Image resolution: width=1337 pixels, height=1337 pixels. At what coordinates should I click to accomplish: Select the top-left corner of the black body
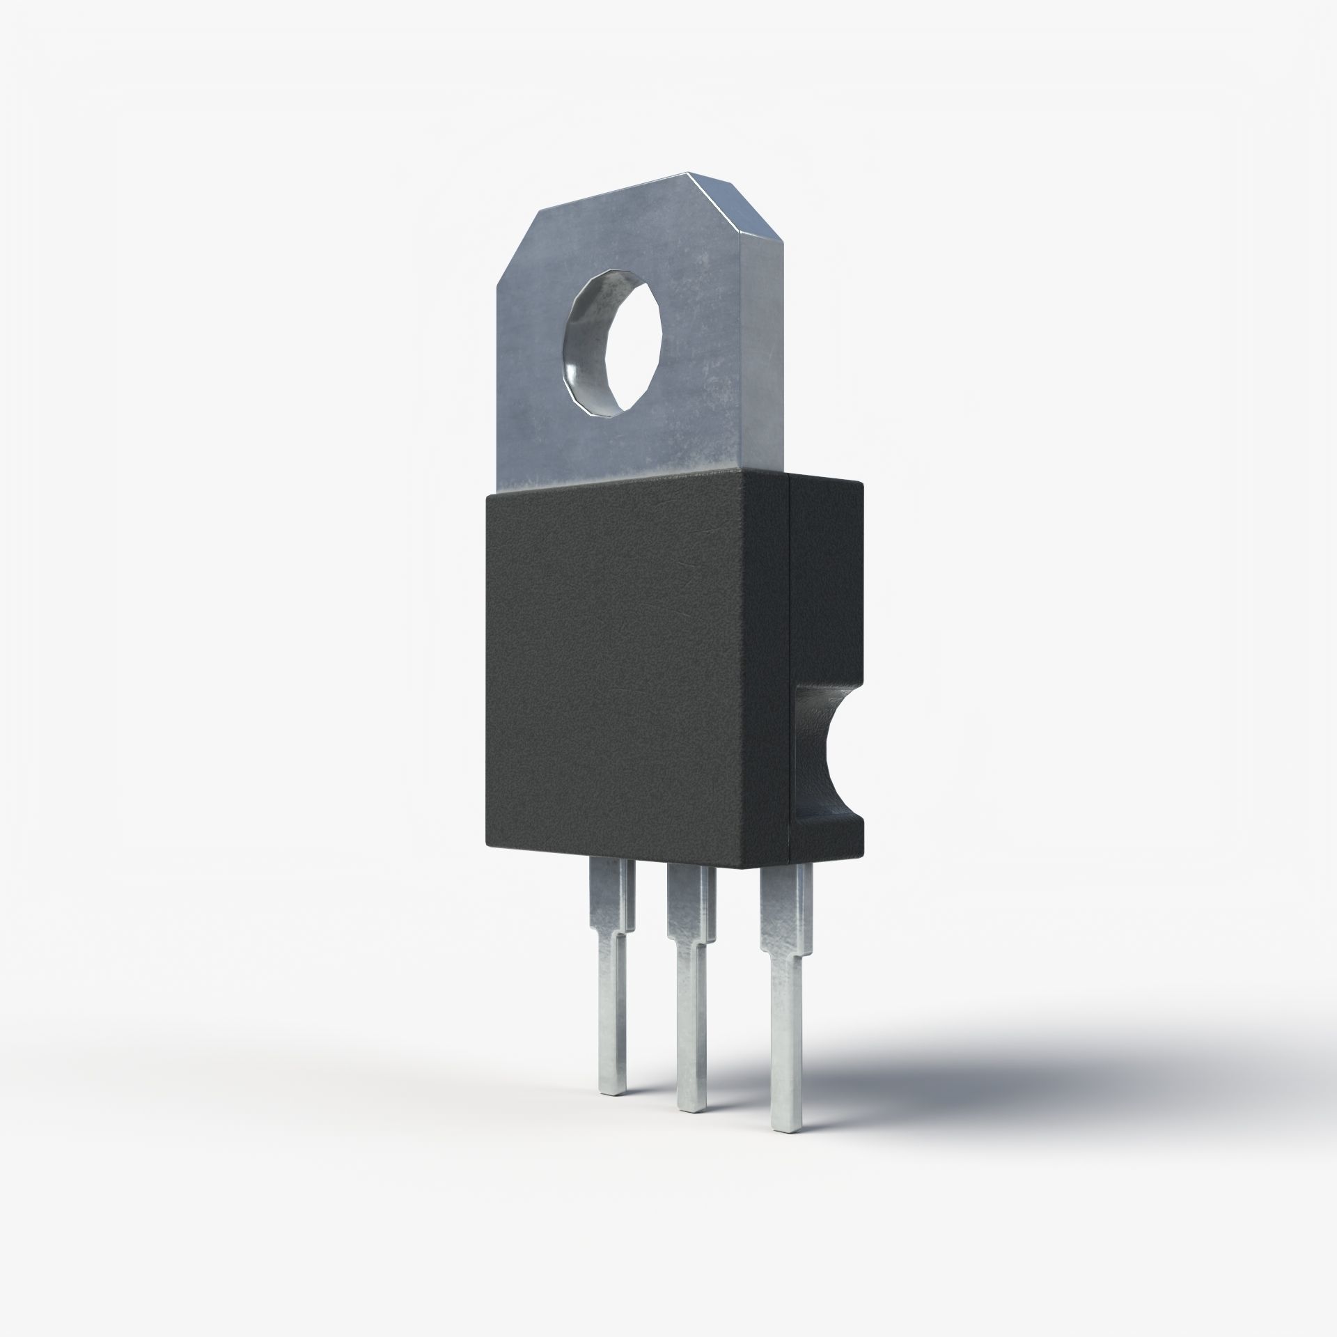[487, 496]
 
